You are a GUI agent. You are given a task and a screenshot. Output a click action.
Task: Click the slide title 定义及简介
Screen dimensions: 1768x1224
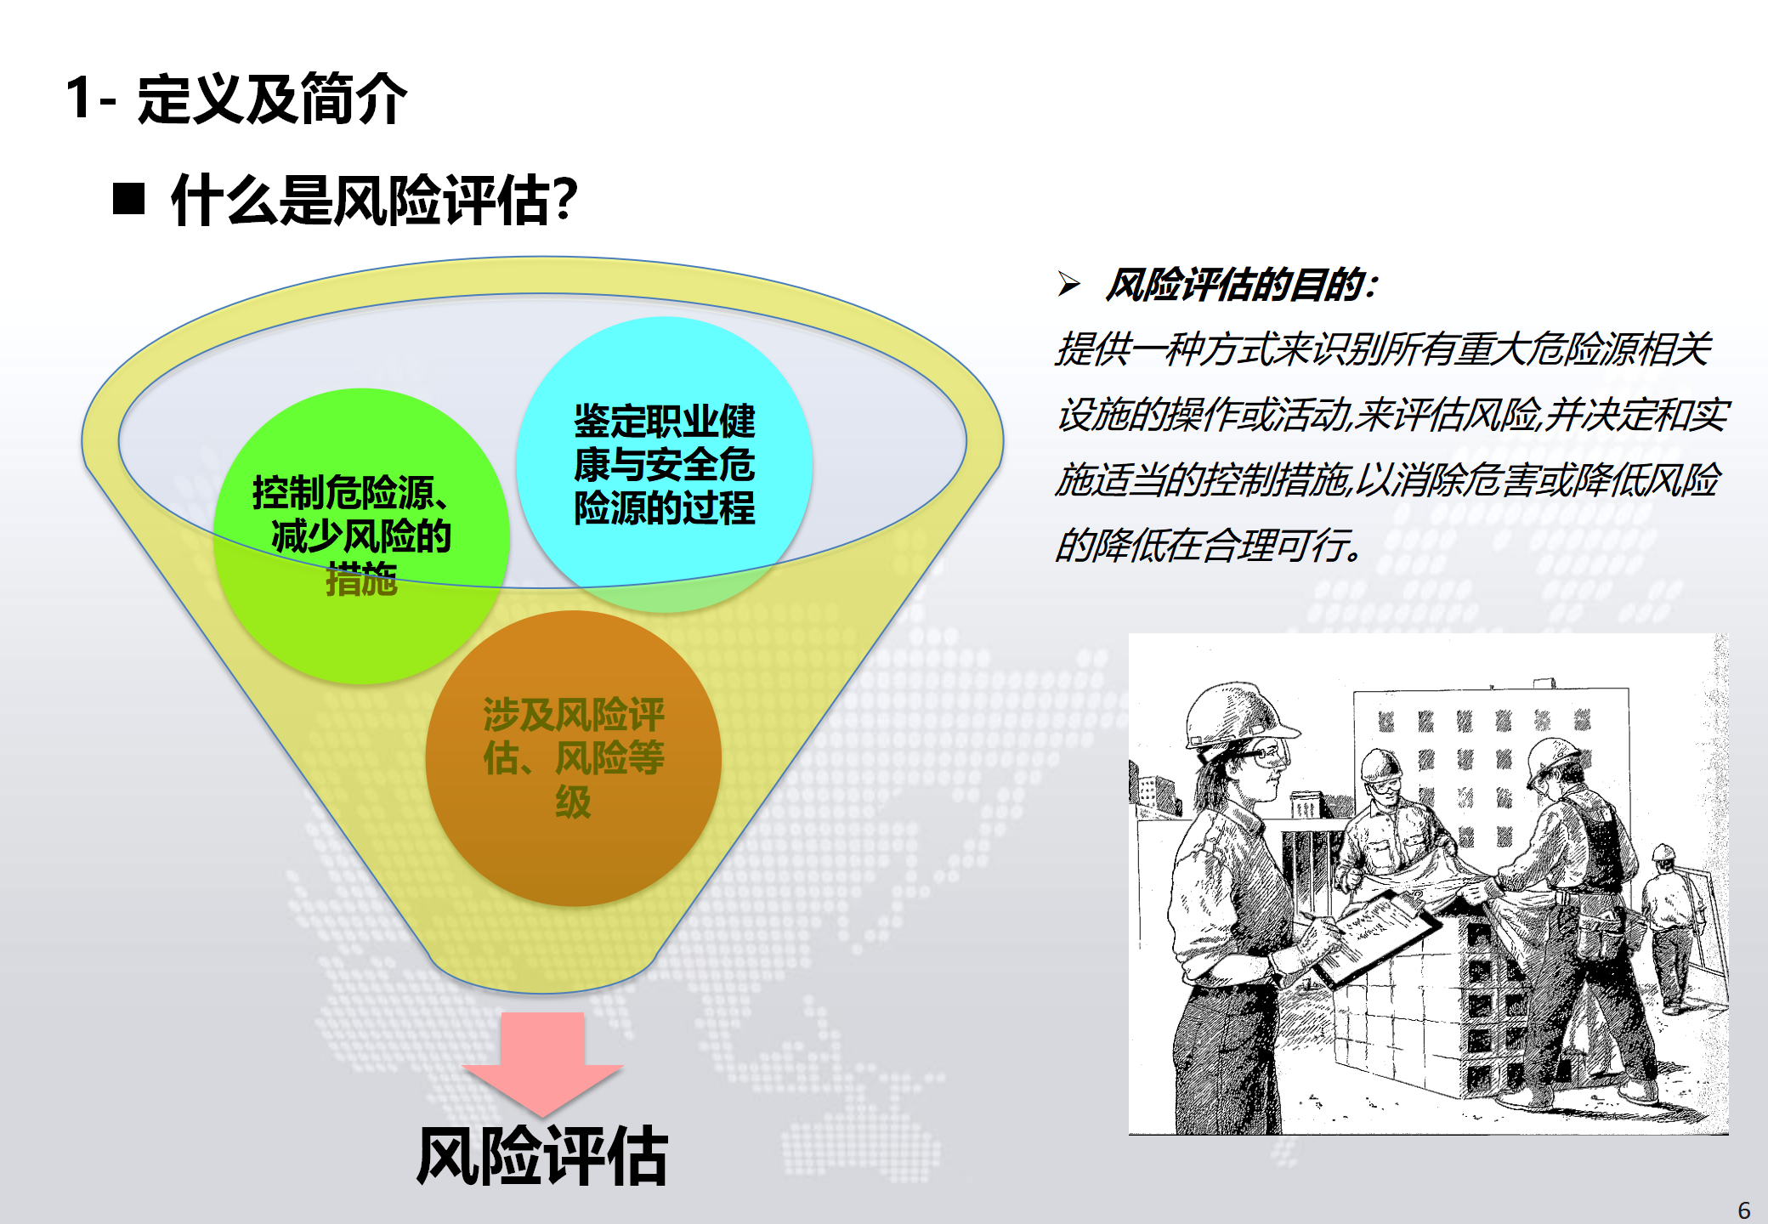click(x=272, y=99)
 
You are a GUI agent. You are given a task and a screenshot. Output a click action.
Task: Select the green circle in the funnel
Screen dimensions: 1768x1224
click(x=361, y=536)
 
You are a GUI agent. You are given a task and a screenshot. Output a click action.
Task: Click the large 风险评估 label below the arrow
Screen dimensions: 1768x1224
click(x=542, y=1155)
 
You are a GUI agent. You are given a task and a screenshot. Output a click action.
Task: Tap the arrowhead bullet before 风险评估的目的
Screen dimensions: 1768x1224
click(x=1069, y=284)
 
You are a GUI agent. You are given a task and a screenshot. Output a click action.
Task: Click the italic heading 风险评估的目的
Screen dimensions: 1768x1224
click(x=1242, y=285)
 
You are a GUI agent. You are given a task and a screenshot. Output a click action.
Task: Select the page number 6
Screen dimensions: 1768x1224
click(x=1744, y=1210)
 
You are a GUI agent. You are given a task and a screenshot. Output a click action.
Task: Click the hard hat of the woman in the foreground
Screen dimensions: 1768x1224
click(x=1237, y=716)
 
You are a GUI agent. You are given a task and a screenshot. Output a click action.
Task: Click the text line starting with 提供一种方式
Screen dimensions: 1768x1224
click(x=1383, y=349)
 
